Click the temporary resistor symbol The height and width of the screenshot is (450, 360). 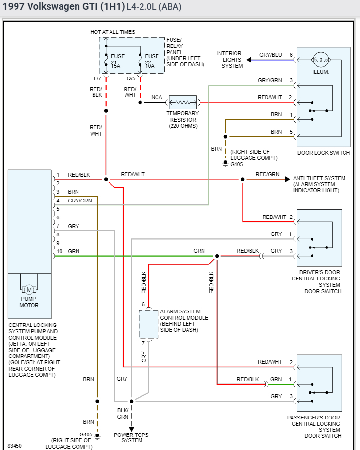pyautogui.click(x=182, y=102)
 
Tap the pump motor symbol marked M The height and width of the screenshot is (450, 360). pyautogui.click(x=29, y=290)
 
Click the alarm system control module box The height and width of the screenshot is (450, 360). pyautogui.click(x=149, y=324)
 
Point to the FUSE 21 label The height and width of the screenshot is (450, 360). pyautogui.click(x=118, y=56)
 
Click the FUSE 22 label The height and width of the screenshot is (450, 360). pyautogui.click(x=152, y=56)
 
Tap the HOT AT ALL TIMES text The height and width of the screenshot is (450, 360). pyautogui.click(x=112, y=32)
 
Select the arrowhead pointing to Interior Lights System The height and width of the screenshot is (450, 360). pyautogui.click(x=249, y=60)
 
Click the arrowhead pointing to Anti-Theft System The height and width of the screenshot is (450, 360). pyautogui.click(x=287, y=179)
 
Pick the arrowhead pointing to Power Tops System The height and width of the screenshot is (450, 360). pyautogui.click(x=131, y=429)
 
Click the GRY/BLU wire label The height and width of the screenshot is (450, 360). pyautogui.click(x=270, y=55)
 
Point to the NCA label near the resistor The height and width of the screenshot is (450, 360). pyautogui.click(x=157, y=97)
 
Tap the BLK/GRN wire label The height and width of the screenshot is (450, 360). pyautogui.click(x=123, y=413)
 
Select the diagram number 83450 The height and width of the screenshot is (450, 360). pyautogui.click(x=15, y=445)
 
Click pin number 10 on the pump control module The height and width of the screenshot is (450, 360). pyautogui.click(x=59, y=251)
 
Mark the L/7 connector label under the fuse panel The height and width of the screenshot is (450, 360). pyautogui.click(x=97, y=78)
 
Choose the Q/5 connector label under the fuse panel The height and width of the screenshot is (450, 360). pyautogui.click(x=131, y=78)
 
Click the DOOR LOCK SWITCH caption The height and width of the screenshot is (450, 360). pyautogui.click(x=324, y=153)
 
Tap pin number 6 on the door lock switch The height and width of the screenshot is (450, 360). pyautogui.click(x=291, y=55)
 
